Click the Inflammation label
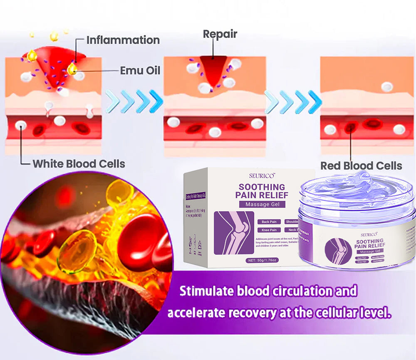click(123, 40)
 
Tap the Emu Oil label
click(140, 70)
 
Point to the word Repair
click(220, 34)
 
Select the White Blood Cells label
click(79, 163)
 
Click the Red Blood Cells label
click(361, 166)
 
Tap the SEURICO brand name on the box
click(260, 176)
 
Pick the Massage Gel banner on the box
click(262, 204)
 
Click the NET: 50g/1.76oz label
click(262, 260)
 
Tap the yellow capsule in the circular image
click(77, 251)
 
